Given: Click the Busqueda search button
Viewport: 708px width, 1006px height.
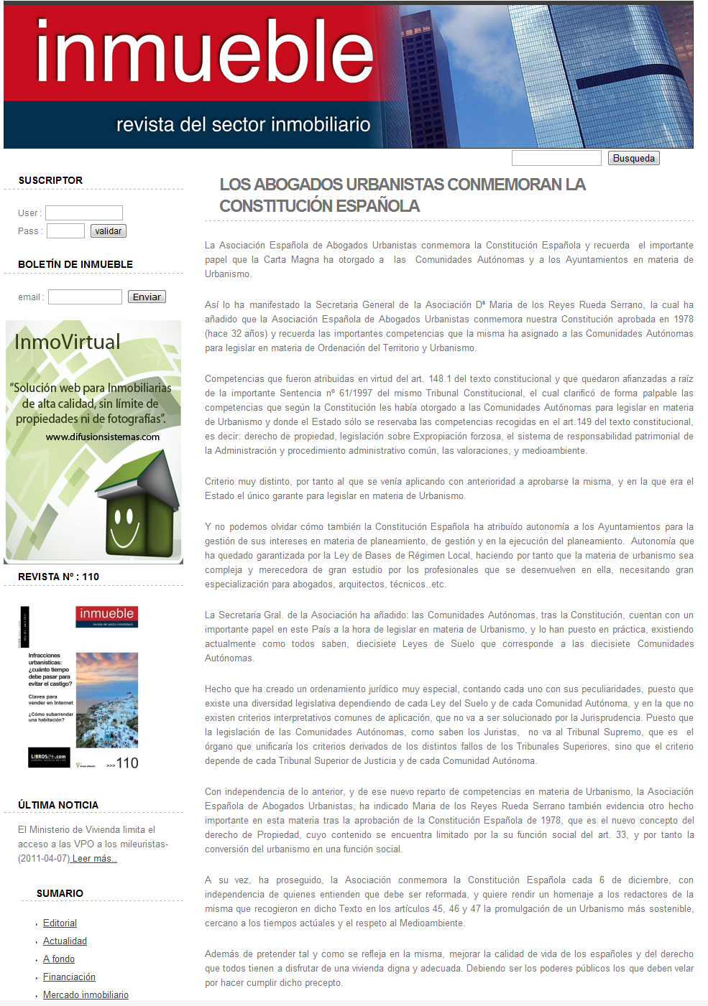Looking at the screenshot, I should pos(633,158).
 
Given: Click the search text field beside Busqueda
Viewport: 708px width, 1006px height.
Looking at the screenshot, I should pos(556,158).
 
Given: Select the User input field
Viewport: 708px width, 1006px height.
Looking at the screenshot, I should pos(84,213).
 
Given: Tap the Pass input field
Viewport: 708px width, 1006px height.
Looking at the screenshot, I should pos(65,230).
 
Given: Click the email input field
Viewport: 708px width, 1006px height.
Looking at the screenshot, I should pos(85,297).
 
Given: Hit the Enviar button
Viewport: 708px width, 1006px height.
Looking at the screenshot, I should pos(147,297).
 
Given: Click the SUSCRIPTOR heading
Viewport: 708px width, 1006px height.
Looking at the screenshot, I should pos(50,180).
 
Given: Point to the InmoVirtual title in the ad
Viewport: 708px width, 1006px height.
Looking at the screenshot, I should pos(68,342).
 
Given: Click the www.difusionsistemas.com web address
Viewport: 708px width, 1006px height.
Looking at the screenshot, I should pos(103,437).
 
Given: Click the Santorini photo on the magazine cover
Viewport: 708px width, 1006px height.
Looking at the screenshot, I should pos(107,699).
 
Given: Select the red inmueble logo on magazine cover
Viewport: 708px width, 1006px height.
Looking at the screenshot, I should pos(106,615).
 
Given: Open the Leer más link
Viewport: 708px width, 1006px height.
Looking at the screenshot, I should pos(94,858).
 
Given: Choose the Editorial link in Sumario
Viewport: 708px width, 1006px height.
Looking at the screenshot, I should pos(60,923).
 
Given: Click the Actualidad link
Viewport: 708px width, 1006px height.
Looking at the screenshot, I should pos(65,941).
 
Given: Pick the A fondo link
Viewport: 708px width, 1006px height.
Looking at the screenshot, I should pos(59,959).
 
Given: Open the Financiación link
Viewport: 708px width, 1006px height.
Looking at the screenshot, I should pos(69,977).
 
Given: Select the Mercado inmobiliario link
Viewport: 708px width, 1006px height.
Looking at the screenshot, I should pos(86,995).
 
